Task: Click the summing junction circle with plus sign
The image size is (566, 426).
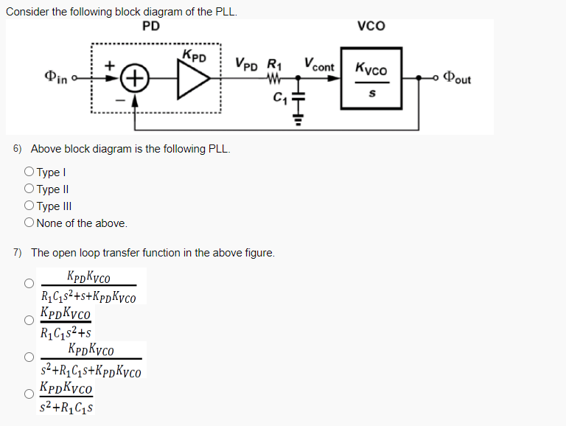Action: [x=136, y=77]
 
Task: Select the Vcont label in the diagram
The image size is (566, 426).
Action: [x=318, y=66]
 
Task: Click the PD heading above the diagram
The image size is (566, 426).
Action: [x=151, y=27]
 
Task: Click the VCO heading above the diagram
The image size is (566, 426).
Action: [x=371, y=27]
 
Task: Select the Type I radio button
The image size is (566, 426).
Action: [x=29, y=172]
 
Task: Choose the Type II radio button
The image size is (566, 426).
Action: [x=29, y=189]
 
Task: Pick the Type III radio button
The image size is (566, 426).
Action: [x=29, y=206]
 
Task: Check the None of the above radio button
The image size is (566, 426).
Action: [x=29, y=223]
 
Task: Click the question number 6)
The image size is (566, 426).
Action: [x=18, y=149]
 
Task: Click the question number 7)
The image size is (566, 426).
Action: [x=18, y=253]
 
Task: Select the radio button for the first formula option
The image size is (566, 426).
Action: [x=29, y=283]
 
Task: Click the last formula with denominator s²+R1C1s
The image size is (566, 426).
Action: [x=69, y=397]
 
